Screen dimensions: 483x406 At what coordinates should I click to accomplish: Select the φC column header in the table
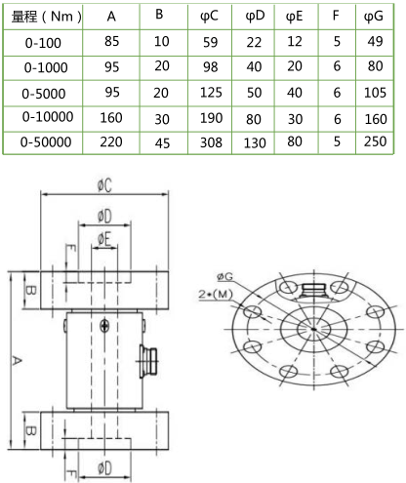[x=211, y=17]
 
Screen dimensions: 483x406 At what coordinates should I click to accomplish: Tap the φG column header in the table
[x=372, y=18]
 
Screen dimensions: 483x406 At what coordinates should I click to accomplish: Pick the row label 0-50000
[x=45, y=141]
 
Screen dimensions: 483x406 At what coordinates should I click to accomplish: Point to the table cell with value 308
[x=211, y=142]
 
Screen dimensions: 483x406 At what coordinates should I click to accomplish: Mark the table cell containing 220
[x=112, y=142]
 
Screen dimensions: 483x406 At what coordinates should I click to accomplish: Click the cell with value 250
[x=372, y=142]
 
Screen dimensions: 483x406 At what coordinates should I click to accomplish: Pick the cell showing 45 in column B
[x=162, y=142]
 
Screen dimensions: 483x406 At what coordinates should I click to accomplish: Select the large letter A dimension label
[x=15, y=362]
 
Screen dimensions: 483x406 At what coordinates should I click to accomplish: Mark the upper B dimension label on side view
[x=30, y=291]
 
